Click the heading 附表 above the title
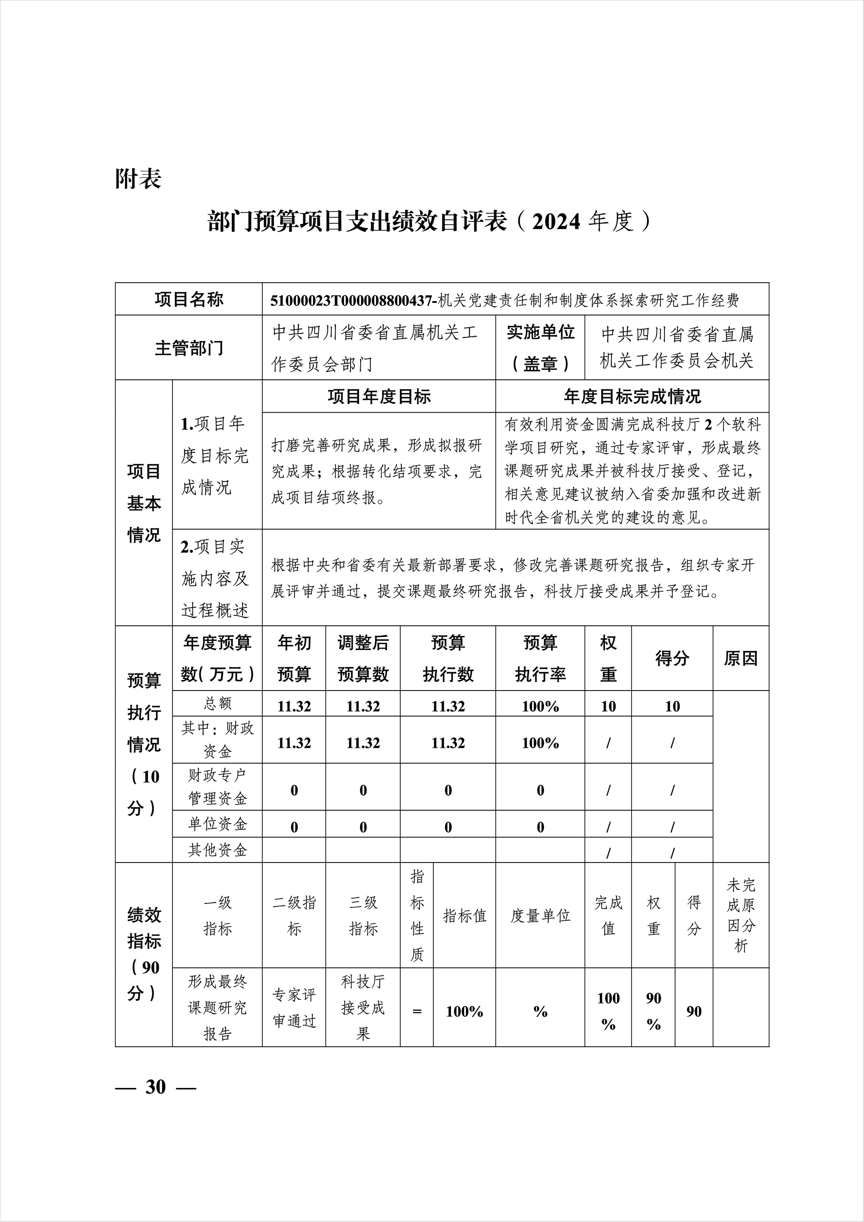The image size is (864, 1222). click(138, 179)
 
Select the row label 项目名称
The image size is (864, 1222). click(189, 299)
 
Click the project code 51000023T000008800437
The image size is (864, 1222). click(352, 301)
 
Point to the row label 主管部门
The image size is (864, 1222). click(189, 348)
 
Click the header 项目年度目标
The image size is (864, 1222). click(379, 397)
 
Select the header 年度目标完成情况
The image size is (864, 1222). click(632, 397)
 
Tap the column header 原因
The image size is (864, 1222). click(740, 659)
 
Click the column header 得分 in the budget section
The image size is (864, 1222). click(672, 659)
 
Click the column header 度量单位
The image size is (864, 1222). click(540, 916)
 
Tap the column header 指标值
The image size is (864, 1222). click(464, 916)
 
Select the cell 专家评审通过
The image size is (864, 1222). click(294, 1008)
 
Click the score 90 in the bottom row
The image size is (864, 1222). click(693, 1012)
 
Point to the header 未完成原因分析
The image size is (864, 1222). click(740, 916)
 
